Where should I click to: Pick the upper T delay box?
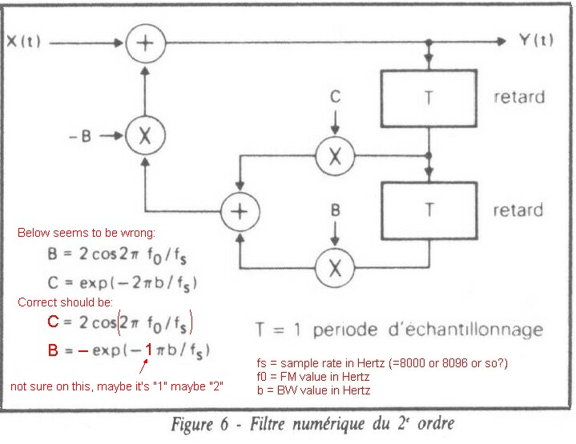pyautogui.click(x=431, y=98)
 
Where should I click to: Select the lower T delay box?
pyautogui.click(x=431, y=210)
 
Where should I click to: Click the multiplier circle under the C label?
pyautogui.click(x=336, y=156)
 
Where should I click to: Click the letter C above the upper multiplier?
pyautogui.click(x=336, y=97)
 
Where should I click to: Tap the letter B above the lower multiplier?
pyautogui.click(x=336, y=211)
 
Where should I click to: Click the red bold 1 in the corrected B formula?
pyautogui.click(x=149, y=349)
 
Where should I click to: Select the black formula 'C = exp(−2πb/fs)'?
pyautogui.click(x=121, y=282)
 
